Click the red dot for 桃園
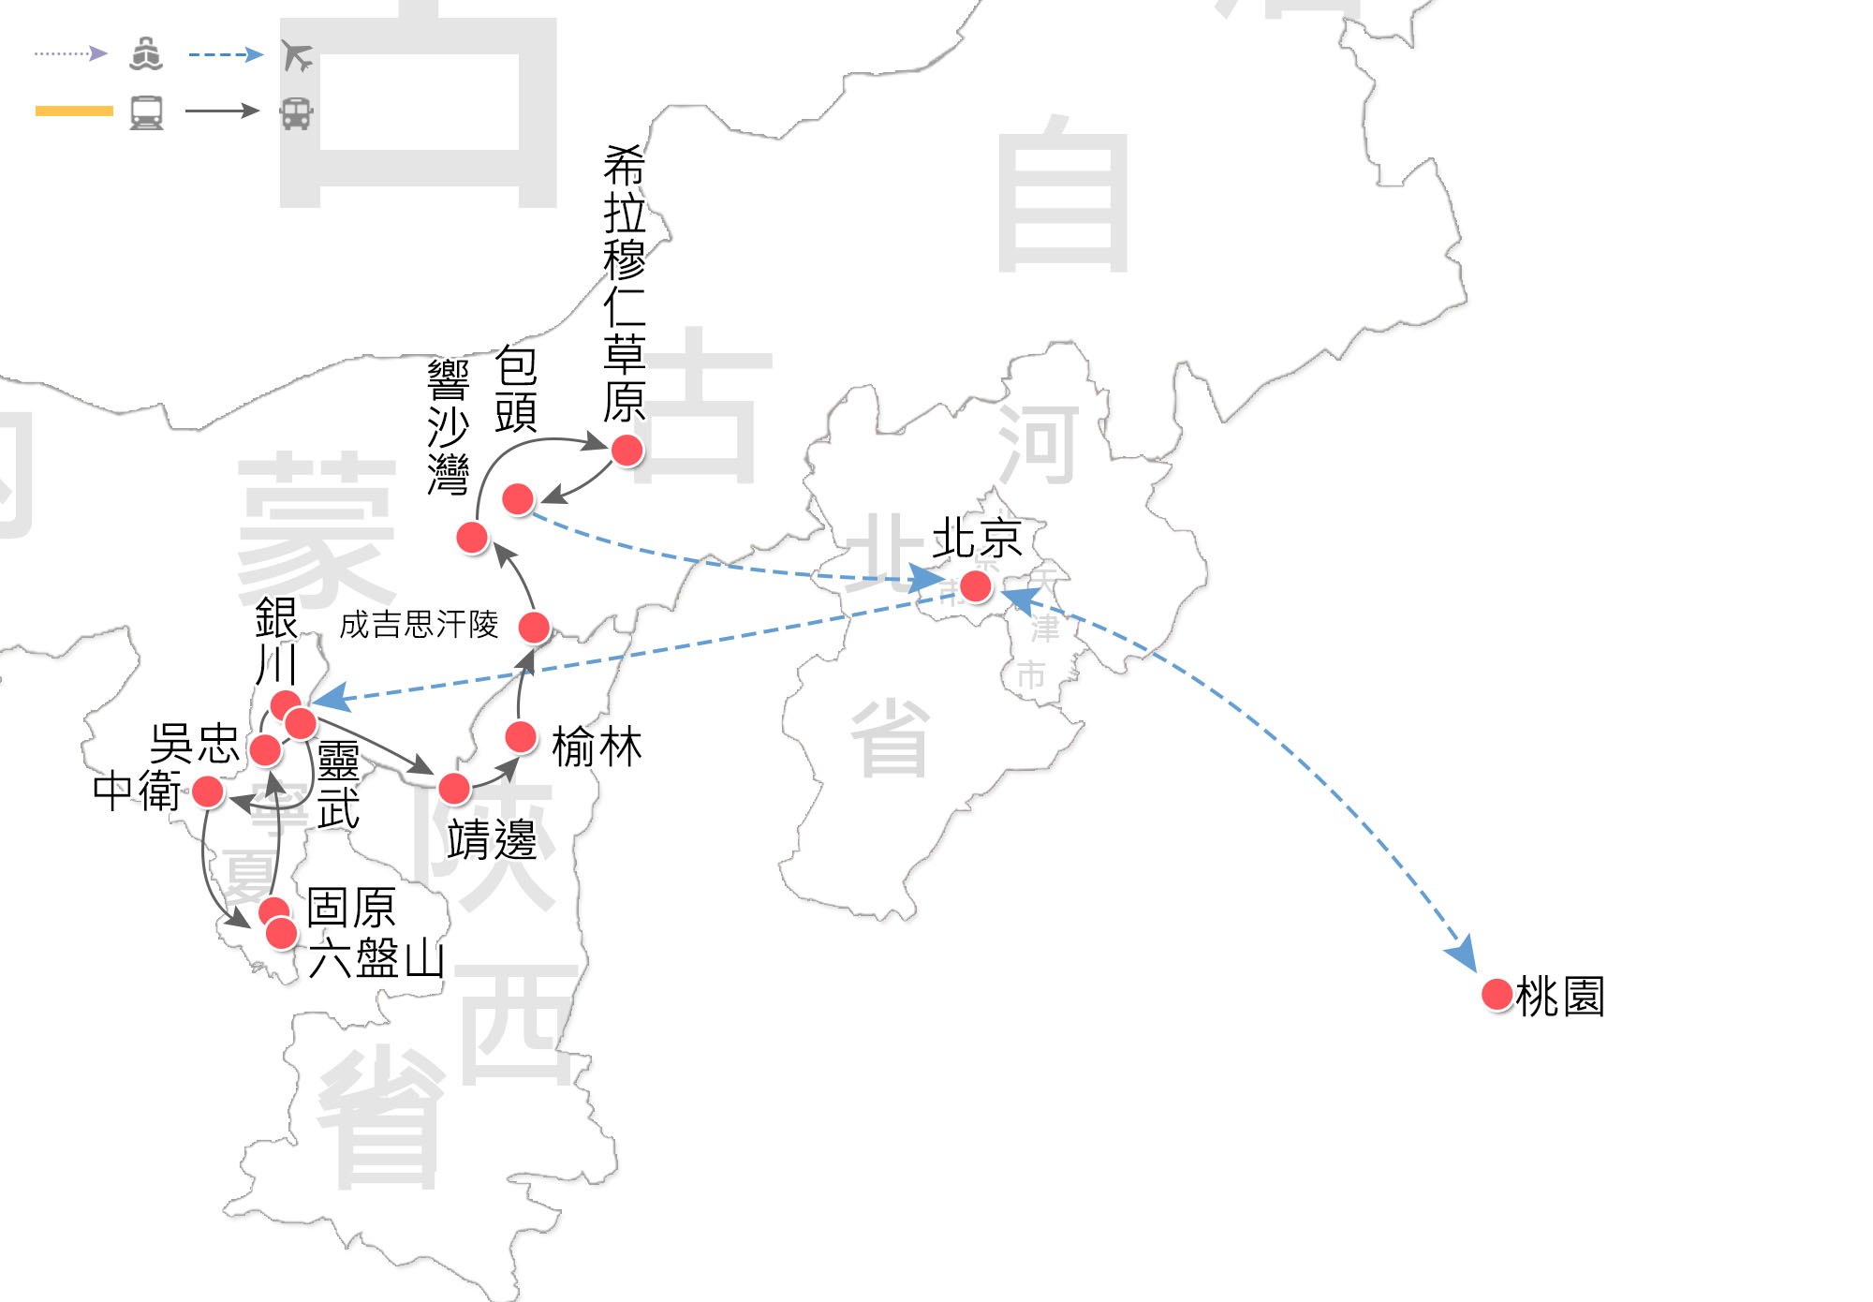[1497, 994]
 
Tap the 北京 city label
[976, 539]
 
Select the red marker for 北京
[975, 586]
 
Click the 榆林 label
[597, 747]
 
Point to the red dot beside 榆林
[521, 737]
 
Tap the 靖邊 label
[492, 838]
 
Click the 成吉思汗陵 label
[419, 624]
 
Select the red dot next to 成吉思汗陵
[534, 627]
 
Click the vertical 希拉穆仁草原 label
[625, 284]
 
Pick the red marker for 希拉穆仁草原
[627, 450]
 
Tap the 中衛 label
[137, 791]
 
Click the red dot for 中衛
[208, 792]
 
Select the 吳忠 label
[195, 743]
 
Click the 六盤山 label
[376, 958]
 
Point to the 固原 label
[351, 907]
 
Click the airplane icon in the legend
[297, 55]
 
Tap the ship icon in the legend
[146, 54]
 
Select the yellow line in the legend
[74, 111]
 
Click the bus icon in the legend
[296, 112]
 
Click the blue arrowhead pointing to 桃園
[1463, 954]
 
